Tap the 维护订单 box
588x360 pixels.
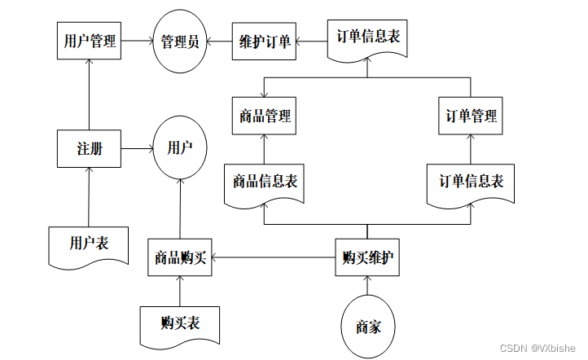point(265,40)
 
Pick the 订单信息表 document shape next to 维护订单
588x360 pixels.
point(367,38)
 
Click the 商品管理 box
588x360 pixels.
point(265,116)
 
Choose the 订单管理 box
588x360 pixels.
point(471,116)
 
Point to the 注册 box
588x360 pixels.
point(89,149)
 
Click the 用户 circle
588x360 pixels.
point(180,148)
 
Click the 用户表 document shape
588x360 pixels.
point(89,244)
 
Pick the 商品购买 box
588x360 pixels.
point(180,258)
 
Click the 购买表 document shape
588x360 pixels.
point(180,323)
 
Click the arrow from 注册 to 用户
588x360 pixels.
point(138,149)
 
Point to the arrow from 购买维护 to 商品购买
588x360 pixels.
point(274,258)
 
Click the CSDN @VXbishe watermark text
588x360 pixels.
point(538,347)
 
